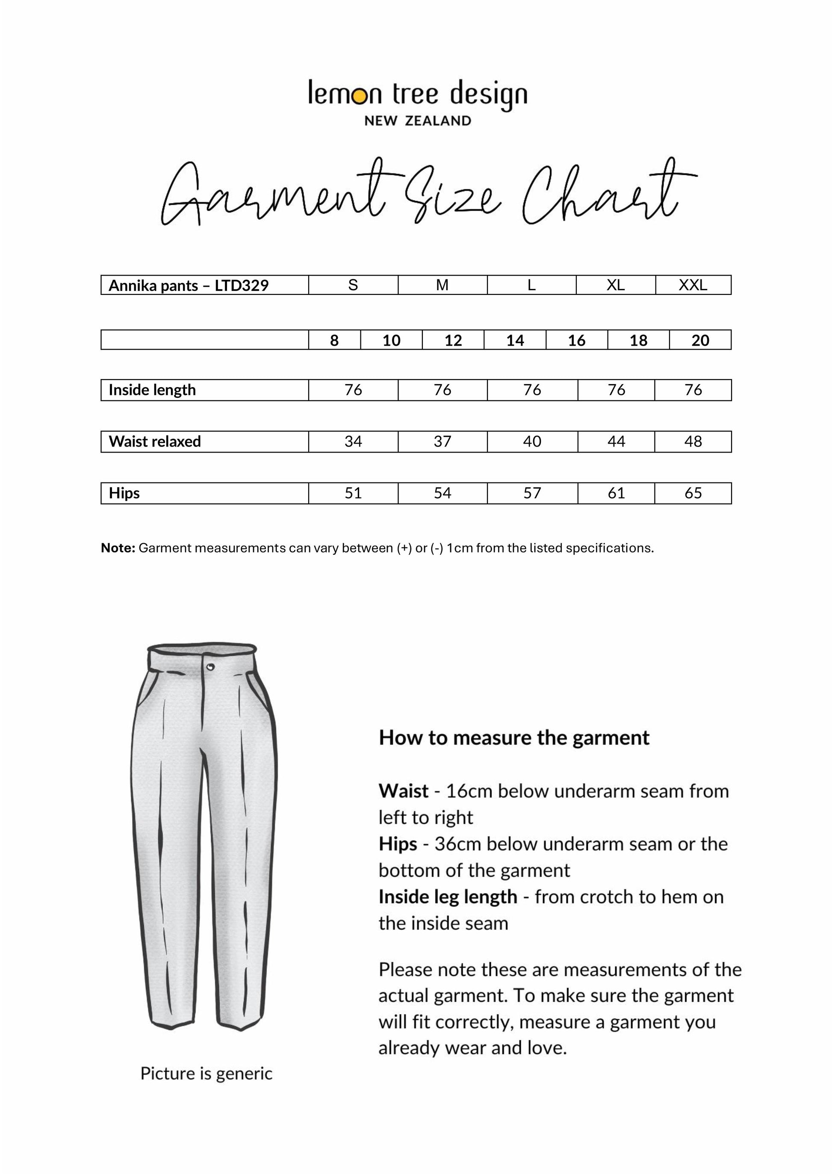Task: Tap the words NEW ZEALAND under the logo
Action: tap(418, 121)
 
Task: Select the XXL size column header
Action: tap(693, 285)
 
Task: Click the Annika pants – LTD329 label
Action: tap(189, 285)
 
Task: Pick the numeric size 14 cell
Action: tap(515, 340)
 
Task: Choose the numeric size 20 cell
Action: tap(700, 340)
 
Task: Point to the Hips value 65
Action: tap(693, 493)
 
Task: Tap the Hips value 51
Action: tap(353, 493)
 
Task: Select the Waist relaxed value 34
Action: tap(353, 441)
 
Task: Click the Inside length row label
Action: tap(152, 390)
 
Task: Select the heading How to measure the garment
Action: tap(514, 738)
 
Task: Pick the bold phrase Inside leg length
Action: tap(448, 897)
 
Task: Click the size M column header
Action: tap(442, 285)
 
